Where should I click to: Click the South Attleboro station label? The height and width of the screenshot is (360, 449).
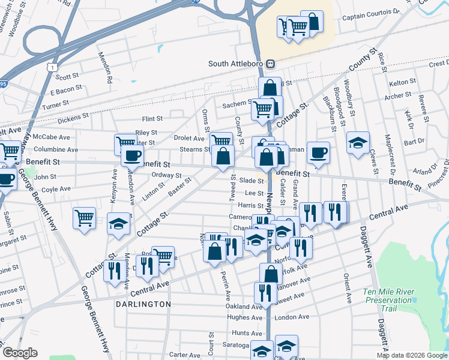point(237,64)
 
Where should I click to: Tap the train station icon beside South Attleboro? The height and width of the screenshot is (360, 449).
point(271,64)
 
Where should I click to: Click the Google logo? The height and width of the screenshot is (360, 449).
point(19,353)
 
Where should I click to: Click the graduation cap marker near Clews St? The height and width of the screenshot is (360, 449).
point(358,143)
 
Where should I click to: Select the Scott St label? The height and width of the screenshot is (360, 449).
point(67,76)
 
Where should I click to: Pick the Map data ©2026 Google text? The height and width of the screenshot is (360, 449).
point(411,355)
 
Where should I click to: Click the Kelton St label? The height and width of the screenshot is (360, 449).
point(402,82)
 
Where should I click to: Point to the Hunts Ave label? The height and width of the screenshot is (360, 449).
point(247,332)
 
